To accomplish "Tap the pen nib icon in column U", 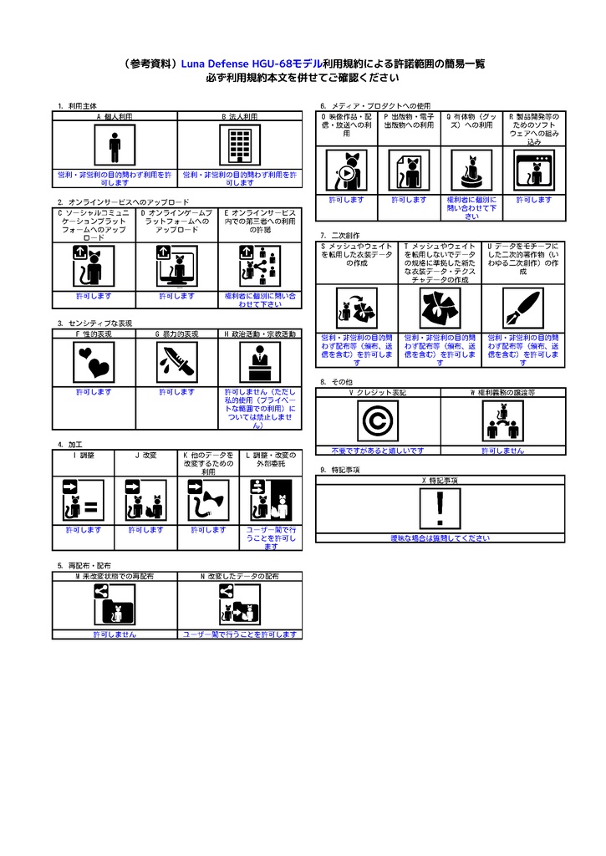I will coord(523,308).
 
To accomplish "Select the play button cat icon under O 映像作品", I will coord(345,172).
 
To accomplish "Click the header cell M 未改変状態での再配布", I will coord(115,577).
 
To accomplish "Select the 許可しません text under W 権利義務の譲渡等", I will coord(503,451).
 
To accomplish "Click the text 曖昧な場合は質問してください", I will coord(440,538).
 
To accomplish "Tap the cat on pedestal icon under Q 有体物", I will coord(471,172).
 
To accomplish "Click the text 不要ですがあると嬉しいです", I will coord(377,451).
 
